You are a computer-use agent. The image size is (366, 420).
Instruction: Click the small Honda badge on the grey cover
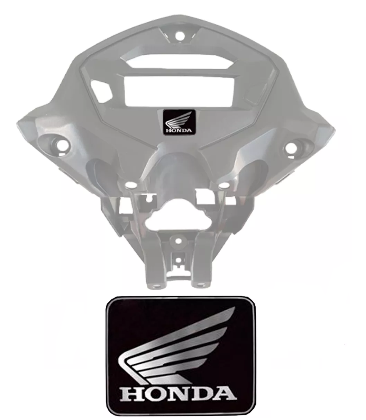coord(179,122)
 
